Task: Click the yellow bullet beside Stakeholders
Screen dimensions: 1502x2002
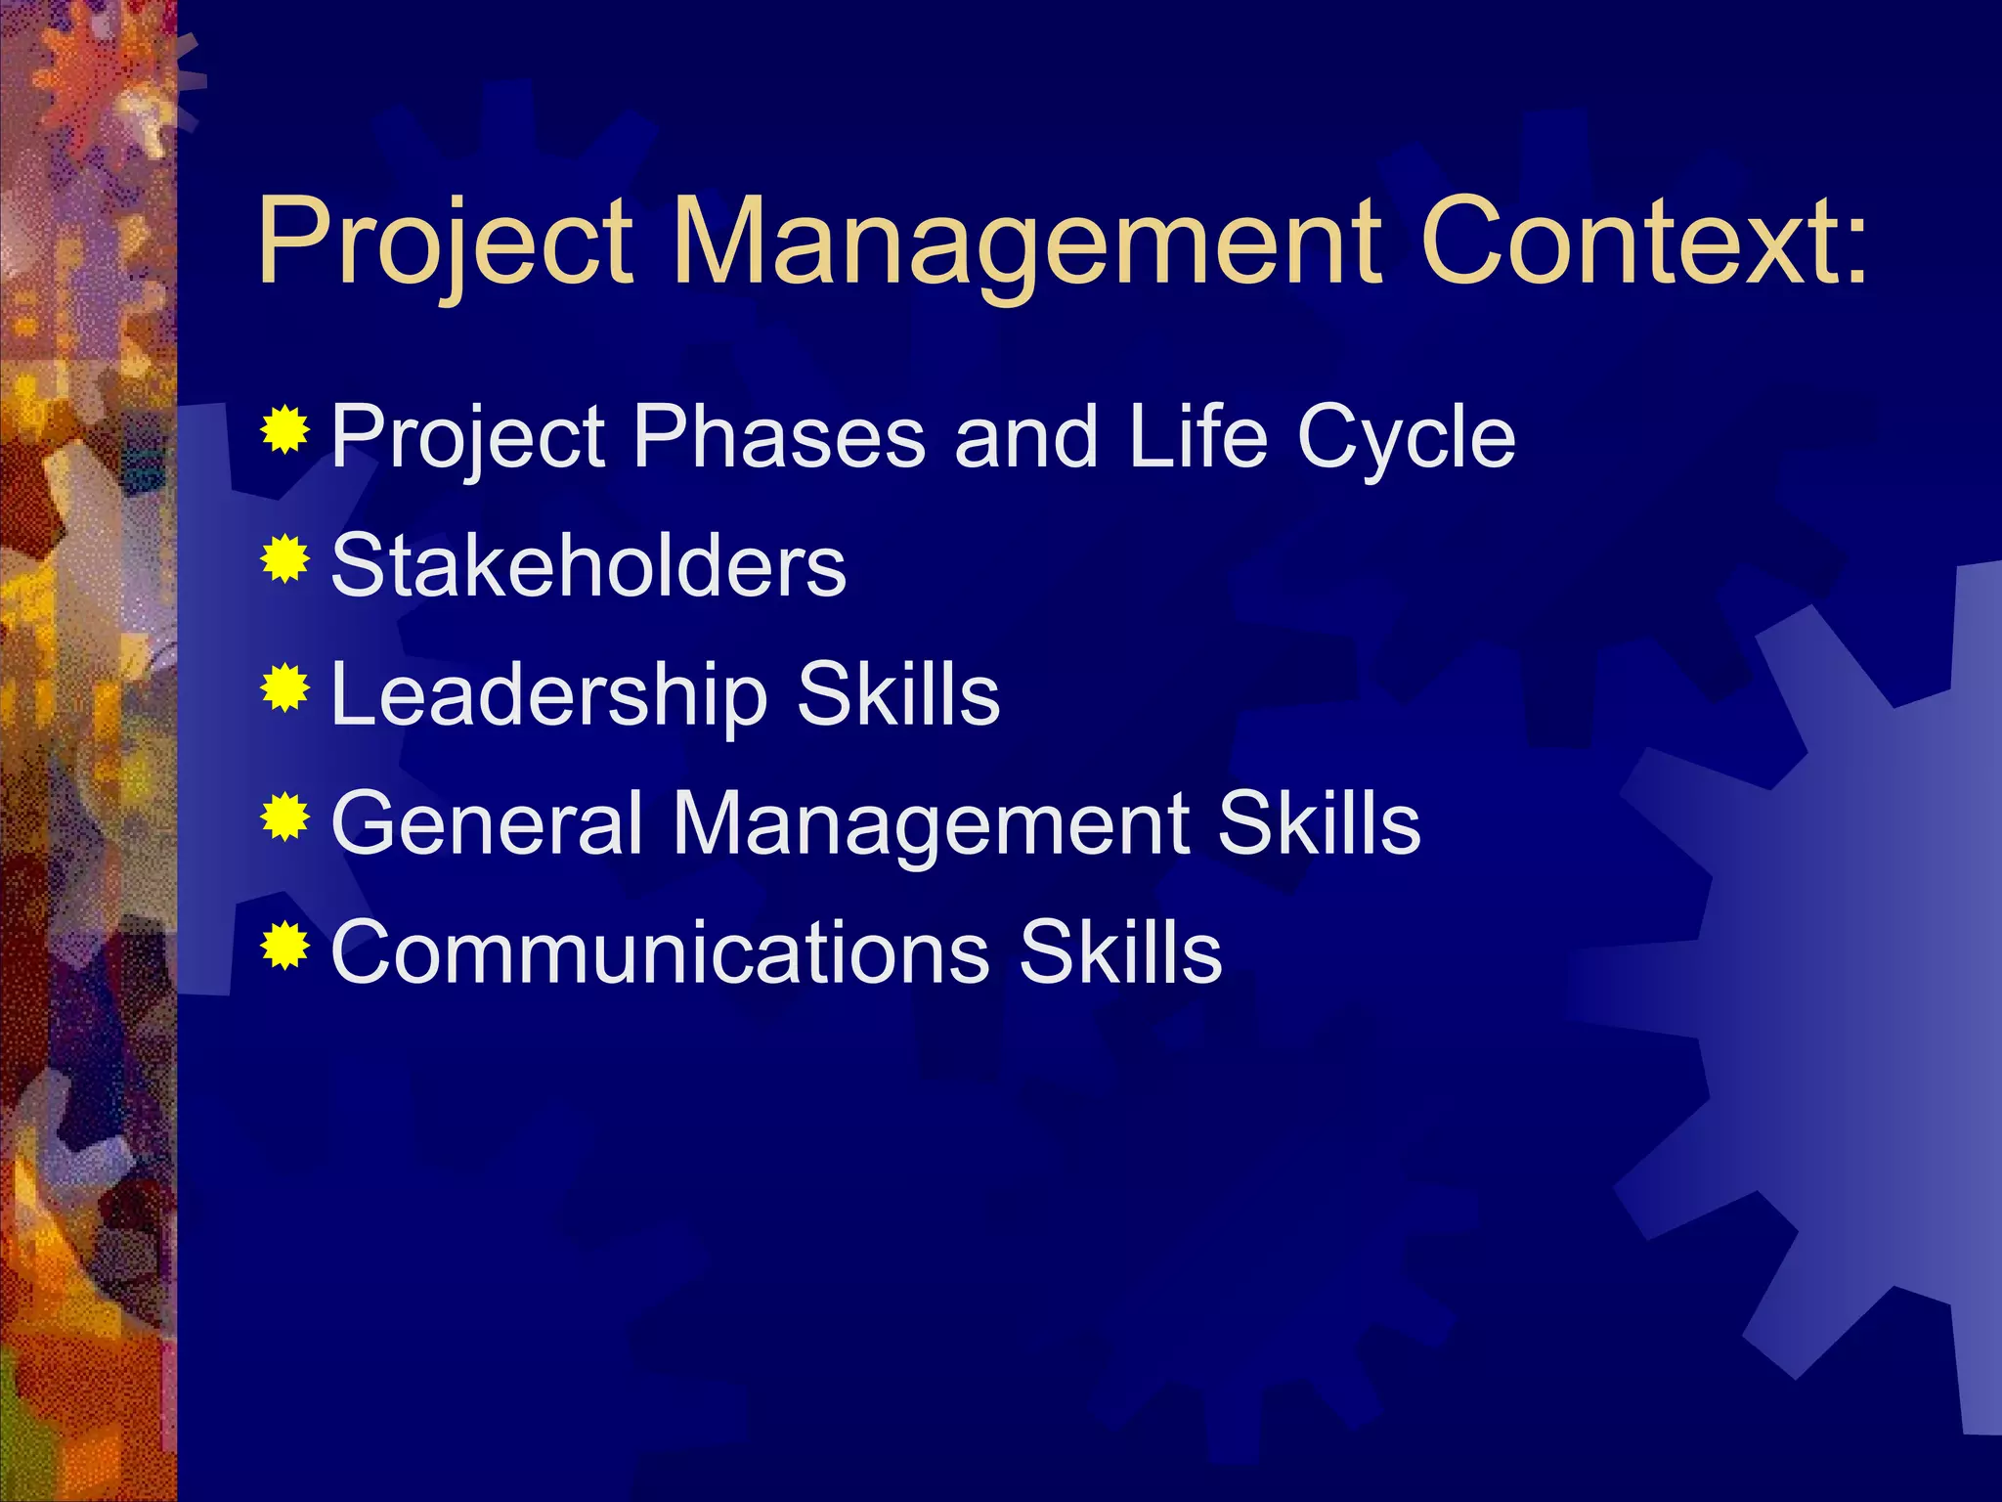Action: [x=285, y=560]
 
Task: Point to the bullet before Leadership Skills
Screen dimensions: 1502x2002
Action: [x=285, y=689]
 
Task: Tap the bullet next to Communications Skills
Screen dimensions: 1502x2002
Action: [x=285, y=947]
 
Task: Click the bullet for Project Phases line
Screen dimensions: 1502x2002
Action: [x=285, y=430]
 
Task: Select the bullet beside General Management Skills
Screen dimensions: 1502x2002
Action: [x=285, y=818]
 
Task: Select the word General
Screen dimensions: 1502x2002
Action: [x=487, y=823]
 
